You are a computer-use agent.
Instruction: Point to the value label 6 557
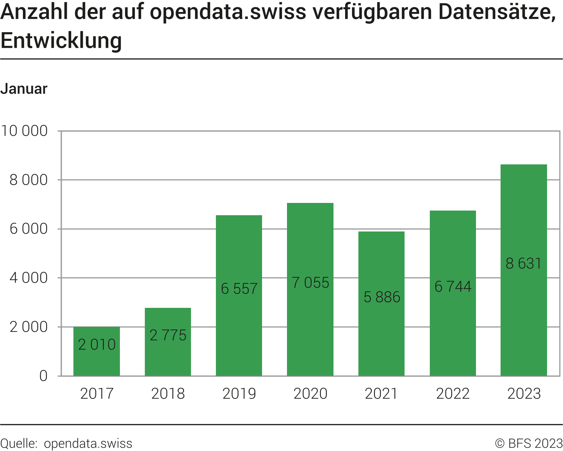(239, 289)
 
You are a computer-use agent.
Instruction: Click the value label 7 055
(310, 283)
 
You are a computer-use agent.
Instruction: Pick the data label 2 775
(168, 335)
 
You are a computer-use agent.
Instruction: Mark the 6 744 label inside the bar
(453, 287)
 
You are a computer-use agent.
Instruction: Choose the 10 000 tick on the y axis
(24, 131)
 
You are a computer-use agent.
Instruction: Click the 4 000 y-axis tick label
(29, 278)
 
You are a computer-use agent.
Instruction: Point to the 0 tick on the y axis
(44, 376)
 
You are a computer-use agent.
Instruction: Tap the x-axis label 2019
(239, 394)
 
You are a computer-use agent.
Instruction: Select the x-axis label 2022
(453, 394)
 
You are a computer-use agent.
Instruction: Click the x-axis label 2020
(310, 394)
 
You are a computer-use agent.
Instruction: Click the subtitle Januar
(24, 89)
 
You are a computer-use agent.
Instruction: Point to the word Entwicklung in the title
(61, 41)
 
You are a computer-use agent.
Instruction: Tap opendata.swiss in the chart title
(228, 12)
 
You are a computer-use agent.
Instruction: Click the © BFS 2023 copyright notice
(528, 444)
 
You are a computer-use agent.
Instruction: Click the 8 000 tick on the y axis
(29, 180)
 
